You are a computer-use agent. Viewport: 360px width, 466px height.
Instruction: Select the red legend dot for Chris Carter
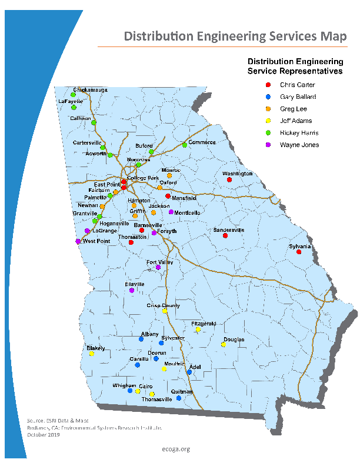pos(268,85)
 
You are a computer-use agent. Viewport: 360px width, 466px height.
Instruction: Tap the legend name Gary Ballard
pos(298,96)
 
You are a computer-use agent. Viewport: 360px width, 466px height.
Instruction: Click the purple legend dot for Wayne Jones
pos(268,145)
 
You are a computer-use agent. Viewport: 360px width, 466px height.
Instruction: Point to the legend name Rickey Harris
pos(299,132)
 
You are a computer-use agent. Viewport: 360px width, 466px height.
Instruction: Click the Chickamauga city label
pos(90,89)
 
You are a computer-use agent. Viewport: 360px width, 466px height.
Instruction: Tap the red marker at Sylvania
pos(299,252)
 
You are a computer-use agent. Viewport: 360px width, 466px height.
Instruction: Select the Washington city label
pos(237,174)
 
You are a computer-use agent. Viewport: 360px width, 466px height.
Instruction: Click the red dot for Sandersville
pos(225,236)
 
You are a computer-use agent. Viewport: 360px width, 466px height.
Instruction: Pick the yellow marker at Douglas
pos(223,345)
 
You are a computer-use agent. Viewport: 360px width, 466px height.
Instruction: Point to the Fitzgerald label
pos(204,324)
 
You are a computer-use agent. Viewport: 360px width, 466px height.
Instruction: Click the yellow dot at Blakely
pos(91,354)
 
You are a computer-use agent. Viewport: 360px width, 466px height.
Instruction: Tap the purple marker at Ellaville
pos(132,290)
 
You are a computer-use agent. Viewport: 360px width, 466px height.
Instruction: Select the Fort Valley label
pos(159,262)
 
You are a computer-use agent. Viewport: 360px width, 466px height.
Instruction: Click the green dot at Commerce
pos(184,145)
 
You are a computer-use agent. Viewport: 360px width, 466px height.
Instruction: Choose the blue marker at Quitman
pos(179,398)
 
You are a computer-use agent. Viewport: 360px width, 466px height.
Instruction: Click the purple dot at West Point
pos(78,241)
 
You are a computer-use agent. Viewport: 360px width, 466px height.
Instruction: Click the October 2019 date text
pos(44,435)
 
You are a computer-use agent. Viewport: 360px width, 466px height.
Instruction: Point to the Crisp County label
pos(163,305)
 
